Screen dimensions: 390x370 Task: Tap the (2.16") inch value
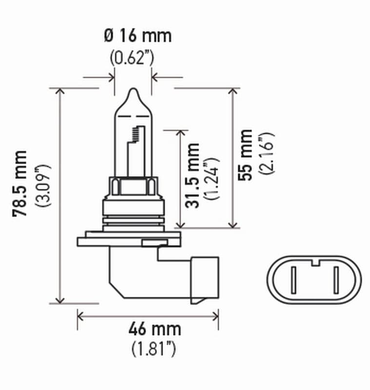[x=267, y=155]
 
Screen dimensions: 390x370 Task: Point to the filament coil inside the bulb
[x=138, y=132]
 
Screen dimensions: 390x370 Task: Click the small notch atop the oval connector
[x=314, y=265]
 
